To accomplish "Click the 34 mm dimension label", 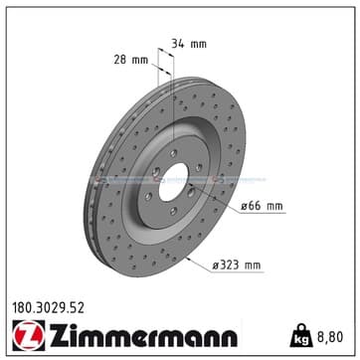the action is click(x=189, y=44).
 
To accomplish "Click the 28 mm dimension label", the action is click(x=131, y=60).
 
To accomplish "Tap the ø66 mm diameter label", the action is click(x=262, y=206).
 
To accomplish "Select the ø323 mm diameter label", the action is click(x=237, y=266).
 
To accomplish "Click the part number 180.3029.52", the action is click(x=48, y=308).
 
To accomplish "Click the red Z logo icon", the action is click(x=29, y=335).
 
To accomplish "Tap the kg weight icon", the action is click(x=301, y=335).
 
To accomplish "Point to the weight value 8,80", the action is click(x=330, y=337).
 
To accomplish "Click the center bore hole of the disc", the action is click(x=173, y=182).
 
